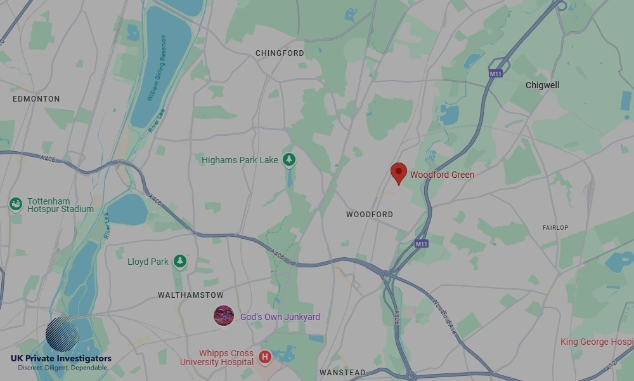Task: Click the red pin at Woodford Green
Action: click(x=398, y=173)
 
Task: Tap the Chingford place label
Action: click(x=280, y=53)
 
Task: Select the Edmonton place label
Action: click(x=36, y=99)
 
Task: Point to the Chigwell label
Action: click(x=543, y=85)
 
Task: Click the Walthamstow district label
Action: click(x=191, y=295)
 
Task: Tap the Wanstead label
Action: click(x=342, y=373)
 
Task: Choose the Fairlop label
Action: click(x=555, y=227)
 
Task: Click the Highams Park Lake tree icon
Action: click(x=289, y=160)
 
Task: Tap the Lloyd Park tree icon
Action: click(x=180, y=262)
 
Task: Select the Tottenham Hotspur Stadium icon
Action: click(x=16, y=204)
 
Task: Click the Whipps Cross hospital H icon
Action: click(x=265, y=358)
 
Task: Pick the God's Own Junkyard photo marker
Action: click(x=224, y=316)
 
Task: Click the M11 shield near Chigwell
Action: click(x=496, y=74)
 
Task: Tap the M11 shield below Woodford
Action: click(x=422, y=243)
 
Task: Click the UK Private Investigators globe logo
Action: click(x=62, y=334)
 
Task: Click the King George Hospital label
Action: click(x=596, y=342)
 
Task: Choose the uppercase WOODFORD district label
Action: click(x=370, y=215)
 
